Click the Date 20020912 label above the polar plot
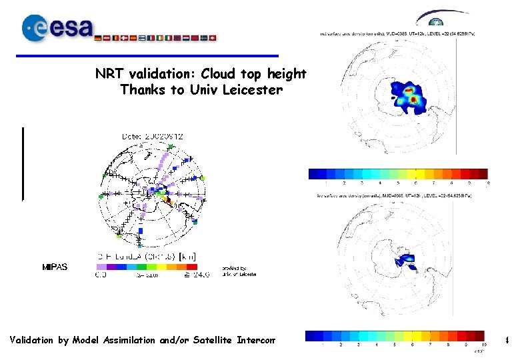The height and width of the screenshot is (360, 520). (x=153, y=136)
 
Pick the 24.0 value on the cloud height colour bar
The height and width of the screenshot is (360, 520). (x=199, y=273)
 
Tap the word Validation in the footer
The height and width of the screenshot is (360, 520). (x=32, y=341)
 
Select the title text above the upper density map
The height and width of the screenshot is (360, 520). (x=403, y=32)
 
